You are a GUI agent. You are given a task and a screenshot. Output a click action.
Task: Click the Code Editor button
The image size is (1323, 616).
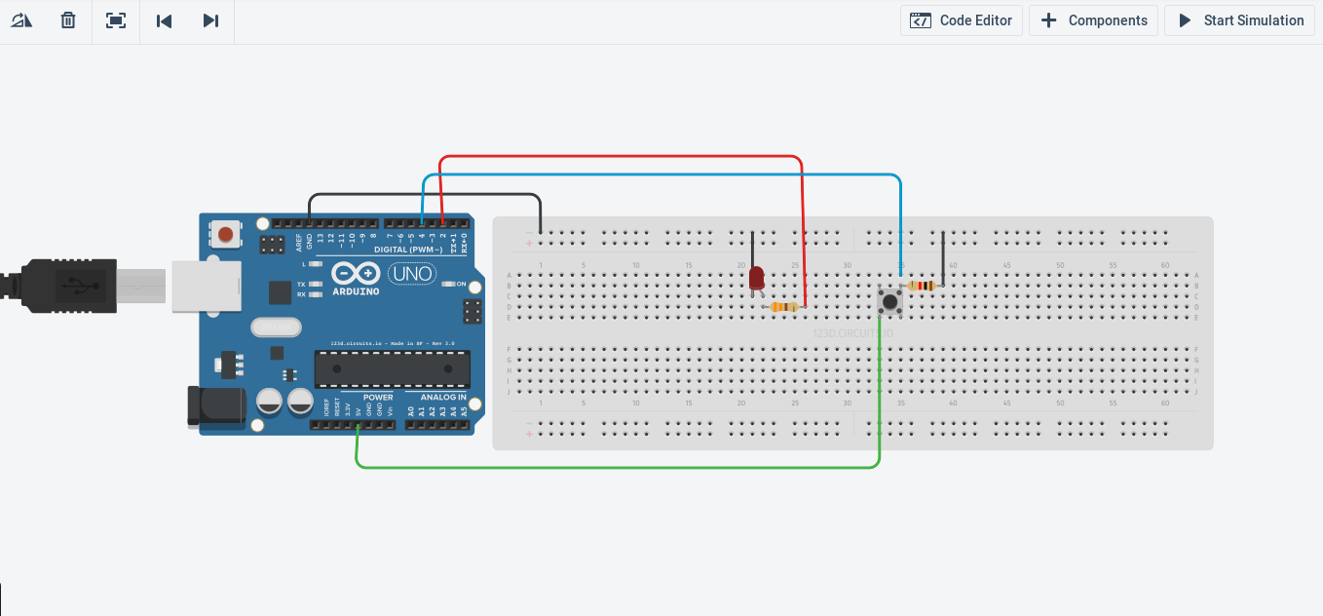click(962, 20)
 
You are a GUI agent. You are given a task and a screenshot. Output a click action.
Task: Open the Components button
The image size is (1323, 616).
click(1094, 20)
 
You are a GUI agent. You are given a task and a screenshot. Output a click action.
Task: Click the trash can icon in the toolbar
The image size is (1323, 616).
click(68, 20)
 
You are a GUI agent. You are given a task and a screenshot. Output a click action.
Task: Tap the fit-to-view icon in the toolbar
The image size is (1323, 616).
click(116, 20)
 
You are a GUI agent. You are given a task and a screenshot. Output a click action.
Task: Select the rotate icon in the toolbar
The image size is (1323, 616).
click(21, 20)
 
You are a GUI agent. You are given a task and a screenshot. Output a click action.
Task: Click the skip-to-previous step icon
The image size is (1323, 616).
click(164, 20)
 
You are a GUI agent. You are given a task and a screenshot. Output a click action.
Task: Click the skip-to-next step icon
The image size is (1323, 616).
click(210, 20)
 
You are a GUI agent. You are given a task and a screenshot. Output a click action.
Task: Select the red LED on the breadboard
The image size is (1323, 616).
click(756, 278)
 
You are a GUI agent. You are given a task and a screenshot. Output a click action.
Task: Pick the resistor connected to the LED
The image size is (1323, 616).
click(783, 307)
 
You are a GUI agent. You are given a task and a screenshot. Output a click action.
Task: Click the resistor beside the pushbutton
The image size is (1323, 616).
click(922, 286)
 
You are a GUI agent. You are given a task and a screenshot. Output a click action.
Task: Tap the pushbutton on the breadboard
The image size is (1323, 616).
click(889, 301)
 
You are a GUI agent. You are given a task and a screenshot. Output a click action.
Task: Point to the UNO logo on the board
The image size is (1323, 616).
click(411, 274)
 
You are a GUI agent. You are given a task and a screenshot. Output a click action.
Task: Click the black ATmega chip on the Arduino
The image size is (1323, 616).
click(392, 368)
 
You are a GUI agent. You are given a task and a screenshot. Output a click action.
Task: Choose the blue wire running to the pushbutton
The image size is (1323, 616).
click(662, 175)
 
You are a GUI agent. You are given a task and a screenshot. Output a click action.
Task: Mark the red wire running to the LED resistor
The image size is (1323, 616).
click(624, 156)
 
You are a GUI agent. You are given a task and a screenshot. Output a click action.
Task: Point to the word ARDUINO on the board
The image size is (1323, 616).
click(356, 290)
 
